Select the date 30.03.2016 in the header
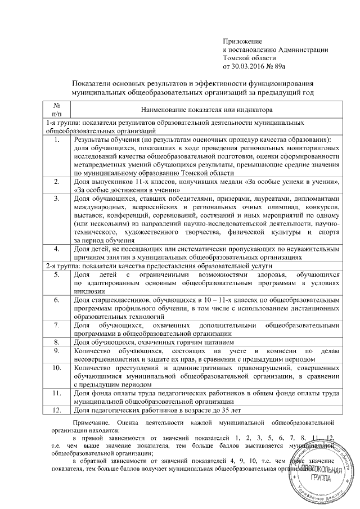point(248,66)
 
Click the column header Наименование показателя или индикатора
point(206,110)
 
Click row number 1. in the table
point(57,139)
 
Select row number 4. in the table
point(57,248)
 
